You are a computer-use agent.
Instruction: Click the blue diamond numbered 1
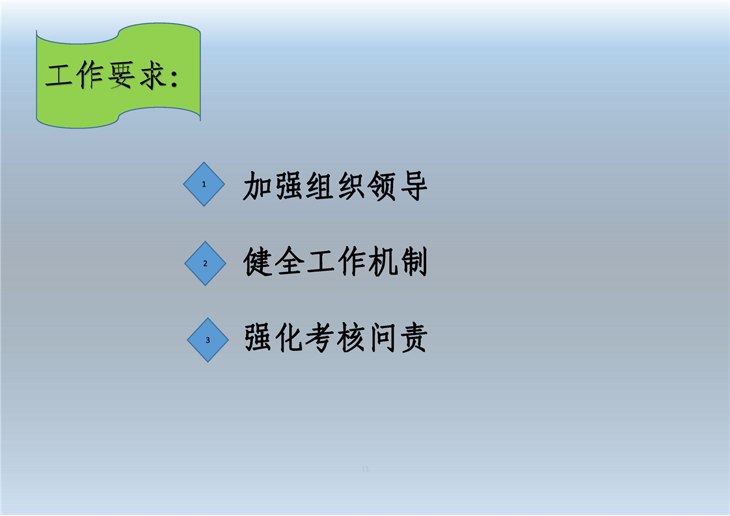pos(204,184)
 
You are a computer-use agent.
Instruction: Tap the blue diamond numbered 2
pos(206,264)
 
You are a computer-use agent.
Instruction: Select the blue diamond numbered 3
pos(208,340)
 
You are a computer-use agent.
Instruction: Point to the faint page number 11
pos(365,468)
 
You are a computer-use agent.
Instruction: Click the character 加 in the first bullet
pos(258,186)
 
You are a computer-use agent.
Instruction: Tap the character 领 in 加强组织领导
pos(382,186)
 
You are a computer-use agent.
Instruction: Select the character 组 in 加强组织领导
pos(320,186)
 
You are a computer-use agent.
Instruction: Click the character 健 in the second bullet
pos(258,262)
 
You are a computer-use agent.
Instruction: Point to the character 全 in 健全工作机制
pos(289,262)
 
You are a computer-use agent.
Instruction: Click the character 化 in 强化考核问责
pos(289,338)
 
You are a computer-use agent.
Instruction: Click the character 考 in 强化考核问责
pos(320,338)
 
